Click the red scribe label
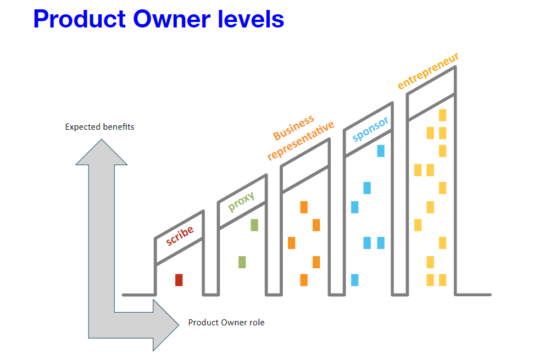(x=180, y=236)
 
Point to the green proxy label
(x=241, y=201)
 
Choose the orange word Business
(x=294, y=127)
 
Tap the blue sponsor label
(x=370, y=129)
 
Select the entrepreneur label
(x=428, y=71)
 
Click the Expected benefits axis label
(x=99, y=127)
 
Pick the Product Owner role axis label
(x=226, y=323)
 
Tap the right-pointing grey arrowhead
(x=166, y=324)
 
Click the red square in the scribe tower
(x=179, y=280)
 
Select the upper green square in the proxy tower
(x=254, y=225)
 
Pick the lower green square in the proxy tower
(x=242, y=262)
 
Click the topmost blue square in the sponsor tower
(x=381, y=151)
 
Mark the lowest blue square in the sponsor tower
(x=354, y=280)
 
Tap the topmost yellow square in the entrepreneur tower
(x=442, y=115)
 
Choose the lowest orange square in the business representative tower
(x=304, y=280)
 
